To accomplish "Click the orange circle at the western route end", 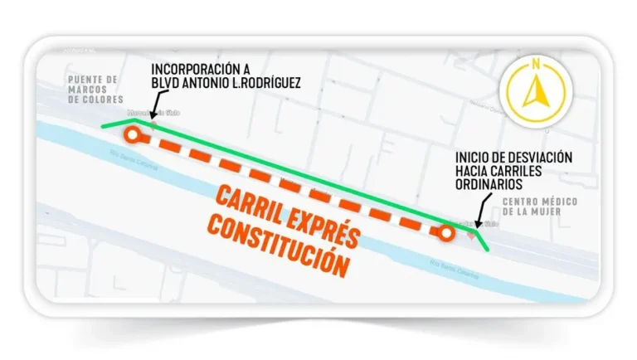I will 130,134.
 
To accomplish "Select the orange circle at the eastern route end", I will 447,233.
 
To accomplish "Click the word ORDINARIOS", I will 489,184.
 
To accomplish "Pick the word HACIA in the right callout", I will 473,171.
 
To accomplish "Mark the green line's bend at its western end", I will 135,120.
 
